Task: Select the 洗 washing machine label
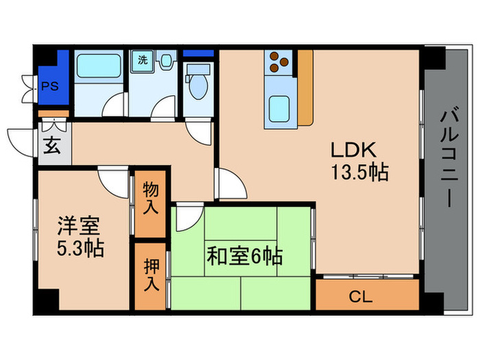point(142,60)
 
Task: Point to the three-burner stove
point(278,62)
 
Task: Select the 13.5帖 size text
point(360,172)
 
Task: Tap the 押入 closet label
point(150,274)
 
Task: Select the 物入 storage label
point(150,199)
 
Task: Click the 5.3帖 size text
point(80,248)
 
